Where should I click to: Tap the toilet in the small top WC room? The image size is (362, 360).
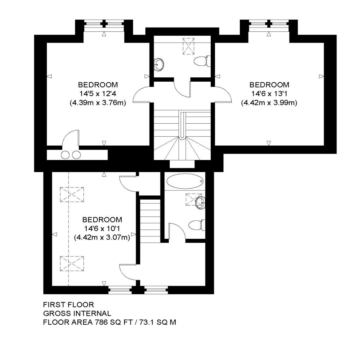pyautogui.click(x=202, y=61)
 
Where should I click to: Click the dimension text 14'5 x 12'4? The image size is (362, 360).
pyautogui.click(x=98, y=94)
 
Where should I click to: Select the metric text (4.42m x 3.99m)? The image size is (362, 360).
pyautogui.click(x=269, y=103)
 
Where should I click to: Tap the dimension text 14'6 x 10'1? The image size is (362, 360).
pyautogui.click(x=102, y=229)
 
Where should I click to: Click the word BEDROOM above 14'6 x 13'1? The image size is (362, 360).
pyautogui.click(x=269, y=85)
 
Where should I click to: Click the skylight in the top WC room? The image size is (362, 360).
pyautogui.click(x=188, y=46)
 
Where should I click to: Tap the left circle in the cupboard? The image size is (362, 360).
pyautogui.click(x=65, y=155)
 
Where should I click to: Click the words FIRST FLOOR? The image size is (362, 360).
pyautogui.click(x=68, y=305)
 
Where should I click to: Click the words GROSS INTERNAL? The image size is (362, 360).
pyautogui.click(x=77, y=313)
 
